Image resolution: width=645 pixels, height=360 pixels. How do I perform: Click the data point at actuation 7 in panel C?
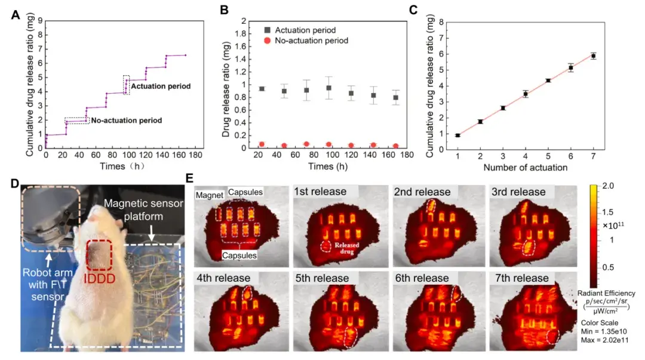593,56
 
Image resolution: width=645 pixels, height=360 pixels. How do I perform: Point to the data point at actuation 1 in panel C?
457,136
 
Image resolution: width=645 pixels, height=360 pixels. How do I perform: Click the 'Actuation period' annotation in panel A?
161,87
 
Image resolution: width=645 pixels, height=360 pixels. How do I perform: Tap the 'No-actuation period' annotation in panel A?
126,121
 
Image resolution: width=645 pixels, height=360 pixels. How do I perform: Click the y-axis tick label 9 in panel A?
39,20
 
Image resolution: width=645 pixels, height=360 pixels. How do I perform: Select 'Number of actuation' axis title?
526,167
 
